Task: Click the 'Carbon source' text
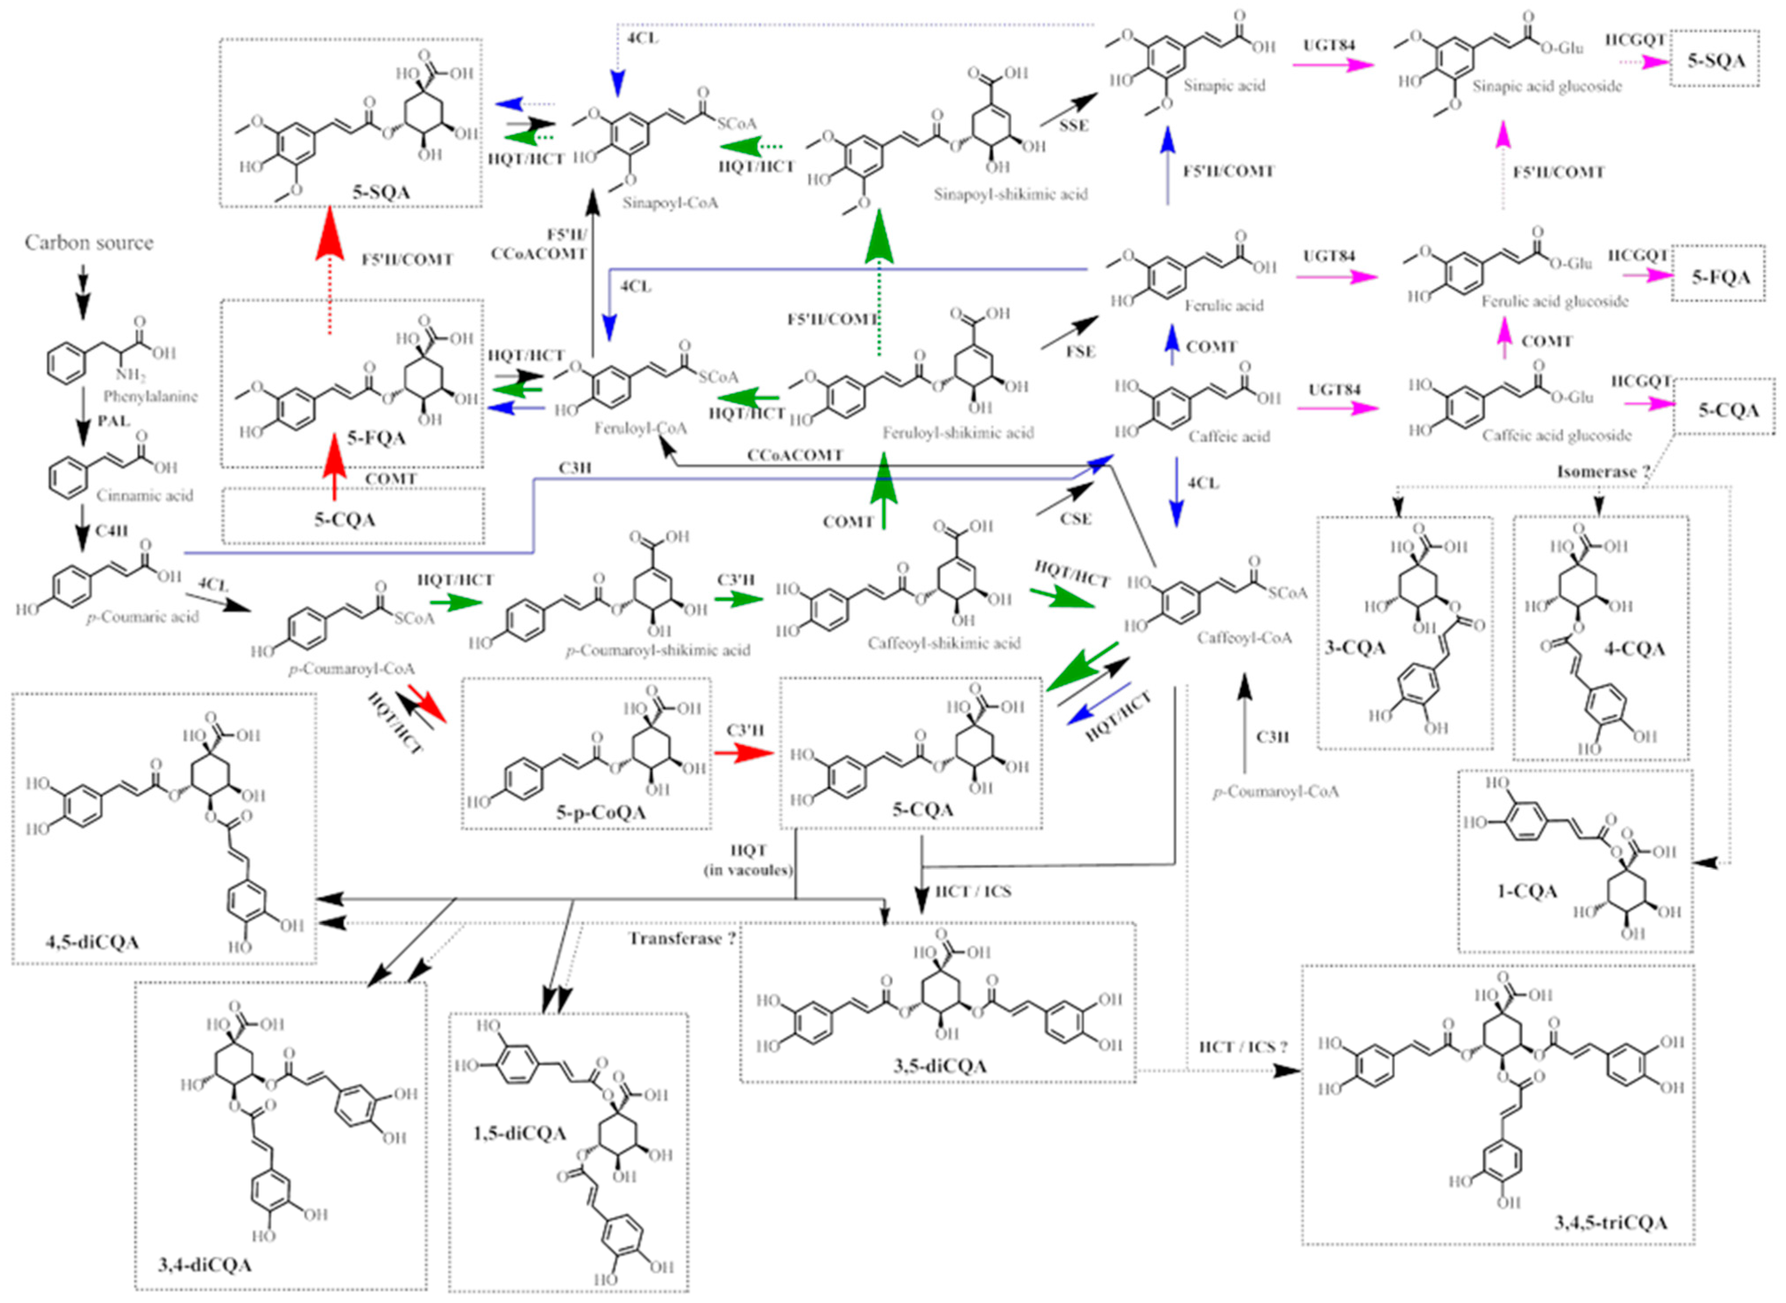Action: (x=89, y=242)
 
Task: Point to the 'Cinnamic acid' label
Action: (x=144, y=495)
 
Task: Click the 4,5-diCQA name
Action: (x=93, y=942)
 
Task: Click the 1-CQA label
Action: (x=1526, y=892)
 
